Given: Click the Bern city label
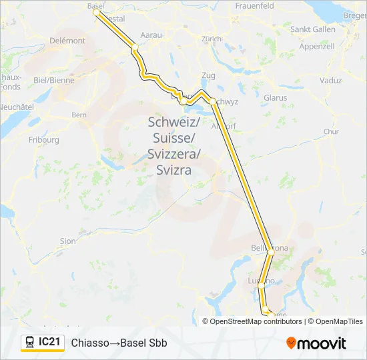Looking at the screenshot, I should [x=79, y=115].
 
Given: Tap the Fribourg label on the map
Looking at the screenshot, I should [x=45, y=140].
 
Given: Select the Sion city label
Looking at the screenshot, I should [x=68, y=241].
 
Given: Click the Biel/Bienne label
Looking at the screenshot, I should [x=54, y=80].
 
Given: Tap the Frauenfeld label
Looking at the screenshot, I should [x=255, y=5].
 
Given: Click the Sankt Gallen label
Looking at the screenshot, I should [x=313, y=29].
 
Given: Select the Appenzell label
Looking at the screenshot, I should [x=317, y=47].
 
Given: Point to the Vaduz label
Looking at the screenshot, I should [x=330, y=81].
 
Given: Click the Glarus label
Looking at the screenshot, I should [x=275, y=98].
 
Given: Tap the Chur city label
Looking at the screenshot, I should [x=332, y=132].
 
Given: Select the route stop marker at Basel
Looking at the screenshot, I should [x=96, y=12].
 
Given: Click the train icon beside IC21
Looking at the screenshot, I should [x=30, y=343].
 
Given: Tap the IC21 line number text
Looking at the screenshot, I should [x=50, y=343].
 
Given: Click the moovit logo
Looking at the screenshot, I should [x=316, y=343].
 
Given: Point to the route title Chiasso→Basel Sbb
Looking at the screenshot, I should [x=119, y=343].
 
